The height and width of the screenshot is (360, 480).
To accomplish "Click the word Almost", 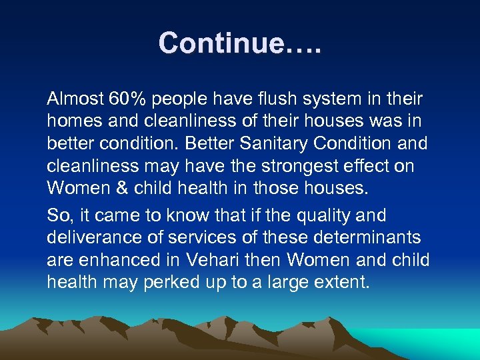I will point(74,100).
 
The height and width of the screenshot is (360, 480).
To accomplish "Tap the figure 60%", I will point(127,100).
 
